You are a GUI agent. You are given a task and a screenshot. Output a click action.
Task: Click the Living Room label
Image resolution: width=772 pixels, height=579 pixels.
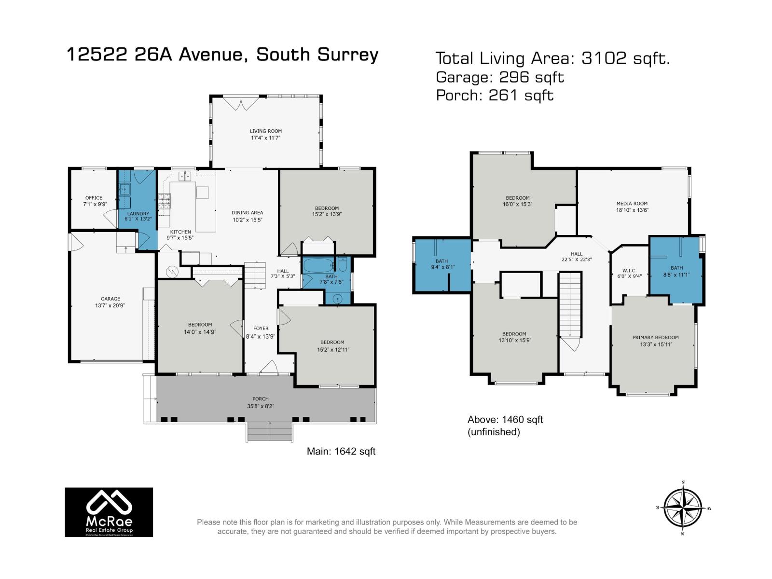coord(265,131)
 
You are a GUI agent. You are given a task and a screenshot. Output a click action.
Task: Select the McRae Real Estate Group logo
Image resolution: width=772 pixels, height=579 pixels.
coord(109,512)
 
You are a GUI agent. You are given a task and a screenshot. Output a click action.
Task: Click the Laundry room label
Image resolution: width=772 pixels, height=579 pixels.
coord(138,213)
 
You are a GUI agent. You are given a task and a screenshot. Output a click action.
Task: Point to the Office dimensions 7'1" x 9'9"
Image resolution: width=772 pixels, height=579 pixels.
coord(94,204)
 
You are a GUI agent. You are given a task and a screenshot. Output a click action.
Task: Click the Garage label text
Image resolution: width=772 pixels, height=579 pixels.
coord(110,299)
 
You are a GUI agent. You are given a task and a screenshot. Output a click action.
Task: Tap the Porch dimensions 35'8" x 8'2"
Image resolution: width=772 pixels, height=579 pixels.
coord(261,406)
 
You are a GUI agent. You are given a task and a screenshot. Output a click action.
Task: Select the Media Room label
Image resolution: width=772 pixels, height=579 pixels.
coord(632,204)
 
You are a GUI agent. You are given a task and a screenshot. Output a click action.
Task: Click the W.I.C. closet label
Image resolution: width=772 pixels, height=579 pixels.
coord(630,271)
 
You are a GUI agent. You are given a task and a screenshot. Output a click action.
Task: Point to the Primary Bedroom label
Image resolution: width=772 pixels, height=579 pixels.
coord(655,337)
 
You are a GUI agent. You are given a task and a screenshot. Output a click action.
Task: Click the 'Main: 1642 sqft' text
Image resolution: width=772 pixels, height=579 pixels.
coord(341,451)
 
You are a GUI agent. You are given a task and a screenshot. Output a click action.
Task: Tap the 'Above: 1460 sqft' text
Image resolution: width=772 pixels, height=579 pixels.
coord(505,420)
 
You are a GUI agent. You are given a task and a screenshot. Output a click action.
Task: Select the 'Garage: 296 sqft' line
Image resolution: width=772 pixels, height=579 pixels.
coord(500,77)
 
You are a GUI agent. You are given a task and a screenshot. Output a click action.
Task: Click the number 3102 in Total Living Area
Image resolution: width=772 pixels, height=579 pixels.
coord(604,58)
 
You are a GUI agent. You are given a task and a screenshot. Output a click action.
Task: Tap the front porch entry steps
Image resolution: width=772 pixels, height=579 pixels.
coord(270,431)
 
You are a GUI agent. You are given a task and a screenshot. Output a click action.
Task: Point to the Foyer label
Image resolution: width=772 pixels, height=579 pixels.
coord(261,328)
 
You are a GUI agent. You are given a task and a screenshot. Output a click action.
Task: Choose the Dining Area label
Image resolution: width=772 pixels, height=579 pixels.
coord(247,212)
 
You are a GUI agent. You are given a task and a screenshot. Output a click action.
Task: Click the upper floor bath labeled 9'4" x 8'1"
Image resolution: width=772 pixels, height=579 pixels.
coord(442,264)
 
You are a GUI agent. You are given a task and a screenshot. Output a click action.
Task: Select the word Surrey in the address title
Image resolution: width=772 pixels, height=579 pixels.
coord(347,55)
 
